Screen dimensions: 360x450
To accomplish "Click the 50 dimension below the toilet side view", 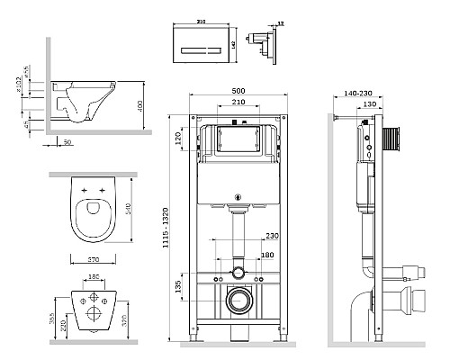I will pyautogui.click(x=68, y=142).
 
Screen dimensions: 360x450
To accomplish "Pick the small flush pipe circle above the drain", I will pyautogui.click(x=238, y=271).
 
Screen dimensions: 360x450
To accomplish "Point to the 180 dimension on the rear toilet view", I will pyautogui.click(x=94, y=279).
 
